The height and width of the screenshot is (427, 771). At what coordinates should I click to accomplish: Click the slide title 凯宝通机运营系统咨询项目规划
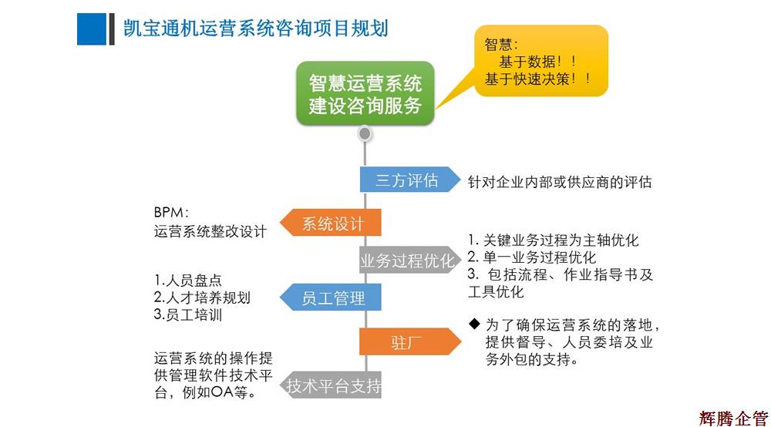[x=255, y=29]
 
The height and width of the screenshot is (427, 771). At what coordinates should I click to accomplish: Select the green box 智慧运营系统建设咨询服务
[x=365, y=93]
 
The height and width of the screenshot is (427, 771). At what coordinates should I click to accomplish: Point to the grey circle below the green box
[x=365, y=134]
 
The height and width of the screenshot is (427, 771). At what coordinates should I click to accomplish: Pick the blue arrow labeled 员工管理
[x=331, y=298]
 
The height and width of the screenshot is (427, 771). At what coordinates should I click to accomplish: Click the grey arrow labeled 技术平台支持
[x=332, y=385]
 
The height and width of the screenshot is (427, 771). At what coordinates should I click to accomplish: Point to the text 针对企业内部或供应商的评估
[x=560, y=182]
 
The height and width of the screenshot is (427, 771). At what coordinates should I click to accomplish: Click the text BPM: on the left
[x=171, y=212]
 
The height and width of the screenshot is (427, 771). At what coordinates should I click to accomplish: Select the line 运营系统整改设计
[x=210, y=231]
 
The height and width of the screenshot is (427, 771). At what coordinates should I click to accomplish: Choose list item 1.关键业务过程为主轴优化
[x=554, y=240]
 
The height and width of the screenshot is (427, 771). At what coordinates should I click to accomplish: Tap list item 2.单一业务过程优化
[x=532, y=257]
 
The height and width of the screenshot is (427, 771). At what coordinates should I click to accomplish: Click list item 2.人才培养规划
[x=202, y=298]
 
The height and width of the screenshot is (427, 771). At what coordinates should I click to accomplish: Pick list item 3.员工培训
[x=189, y=314]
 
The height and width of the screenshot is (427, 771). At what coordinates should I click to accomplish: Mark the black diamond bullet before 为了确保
[x=474, y=323]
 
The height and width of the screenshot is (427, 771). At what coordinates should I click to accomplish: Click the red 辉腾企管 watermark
[x=733, y=417]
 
